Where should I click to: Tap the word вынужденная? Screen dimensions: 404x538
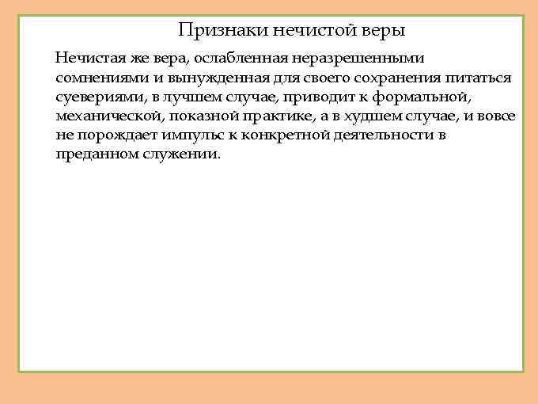206,78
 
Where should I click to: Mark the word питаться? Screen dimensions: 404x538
479,78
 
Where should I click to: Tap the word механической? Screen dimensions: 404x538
108,116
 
